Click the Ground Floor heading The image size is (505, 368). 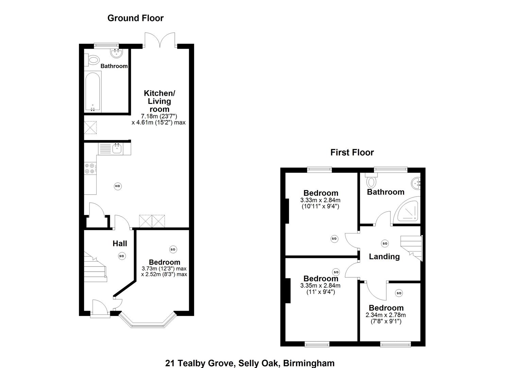click(x=135, y=18)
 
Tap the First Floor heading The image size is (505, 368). click(x=352, y=152)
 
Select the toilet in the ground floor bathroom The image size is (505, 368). click(x=92, y=61)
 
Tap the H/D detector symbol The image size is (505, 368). click(x=117, y=186)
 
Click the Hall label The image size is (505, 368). click(x=120, y=243)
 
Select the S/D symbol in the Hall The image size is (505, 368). click(x=122, y=256)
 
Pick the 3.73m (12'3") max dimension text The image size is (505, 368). click(x=164, y=269)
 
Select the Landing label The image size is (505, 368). click(x=384, y=256)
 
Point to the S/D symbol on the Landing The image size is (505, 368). click(x=385, y=243)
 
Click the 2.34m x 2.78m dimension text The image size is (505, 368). click(x=386, y=315)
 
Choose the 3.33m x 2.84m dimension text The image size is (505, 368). click(x=320, y=200)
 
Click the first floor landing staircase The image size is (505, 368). click(x=411, y=247)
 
